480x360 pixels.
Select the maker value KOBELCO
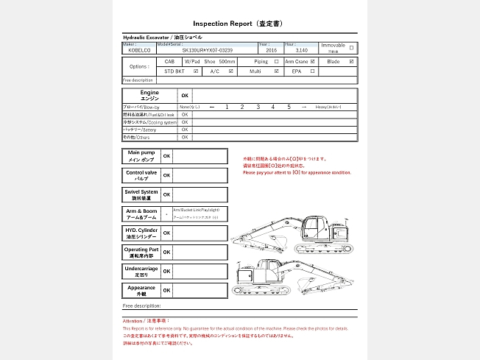(x=139, y=51)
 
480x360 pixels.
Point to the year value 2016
(x=270, y=51)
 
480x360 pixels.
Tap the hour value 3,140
(x=291, y=51)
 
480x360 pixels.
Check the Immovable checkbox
(x=351, y=48)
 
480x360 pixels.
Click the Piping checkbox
(x=277, y=62)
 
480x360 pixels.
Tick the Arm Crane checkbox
(x=313, y=62)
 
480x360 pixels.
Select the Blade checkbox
(x=352, y=62)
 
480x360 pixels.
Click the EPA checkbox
(x=313, y=72)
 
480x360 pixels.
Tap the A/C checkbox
(x=231, y=72)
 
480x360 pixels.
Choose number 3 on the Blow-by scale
(x=258, y=107)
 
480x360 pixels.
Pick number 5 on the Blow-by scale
(x=289, y=107)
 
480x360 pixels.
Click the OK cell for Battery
(x=185, y=130)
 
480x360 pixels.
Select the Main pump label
(x=140, y=156)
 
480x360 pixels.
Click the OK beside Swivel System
(x=166, y=195)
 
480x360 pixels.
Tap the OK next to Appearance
(x=166, y=291)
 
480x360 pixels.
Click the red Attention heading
(x=146, y=321)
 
